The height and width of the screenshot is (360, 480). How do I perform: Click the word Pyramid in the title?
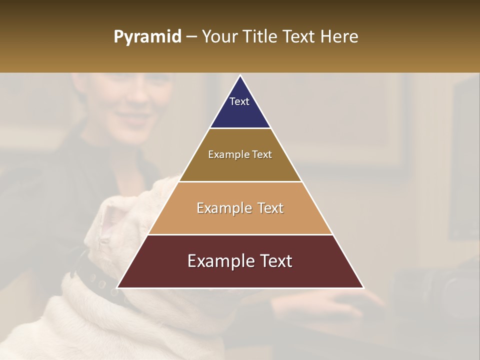point(147,37)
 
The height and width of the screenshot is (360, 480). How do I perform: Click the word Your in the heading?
point(219,37)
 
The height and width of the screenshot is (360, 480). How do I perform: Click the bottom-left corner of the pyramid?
point(118,287)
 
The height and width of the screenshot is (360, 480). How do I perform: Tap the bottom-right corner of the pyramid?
point(363,287)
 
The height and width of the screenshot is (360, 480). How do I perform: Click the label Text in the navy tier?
point(239,101)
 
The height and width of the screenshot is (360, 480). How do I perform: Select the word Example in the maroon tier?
point(218,261)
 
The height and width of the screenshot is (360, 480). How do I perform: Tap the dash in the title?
point(191,37)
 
